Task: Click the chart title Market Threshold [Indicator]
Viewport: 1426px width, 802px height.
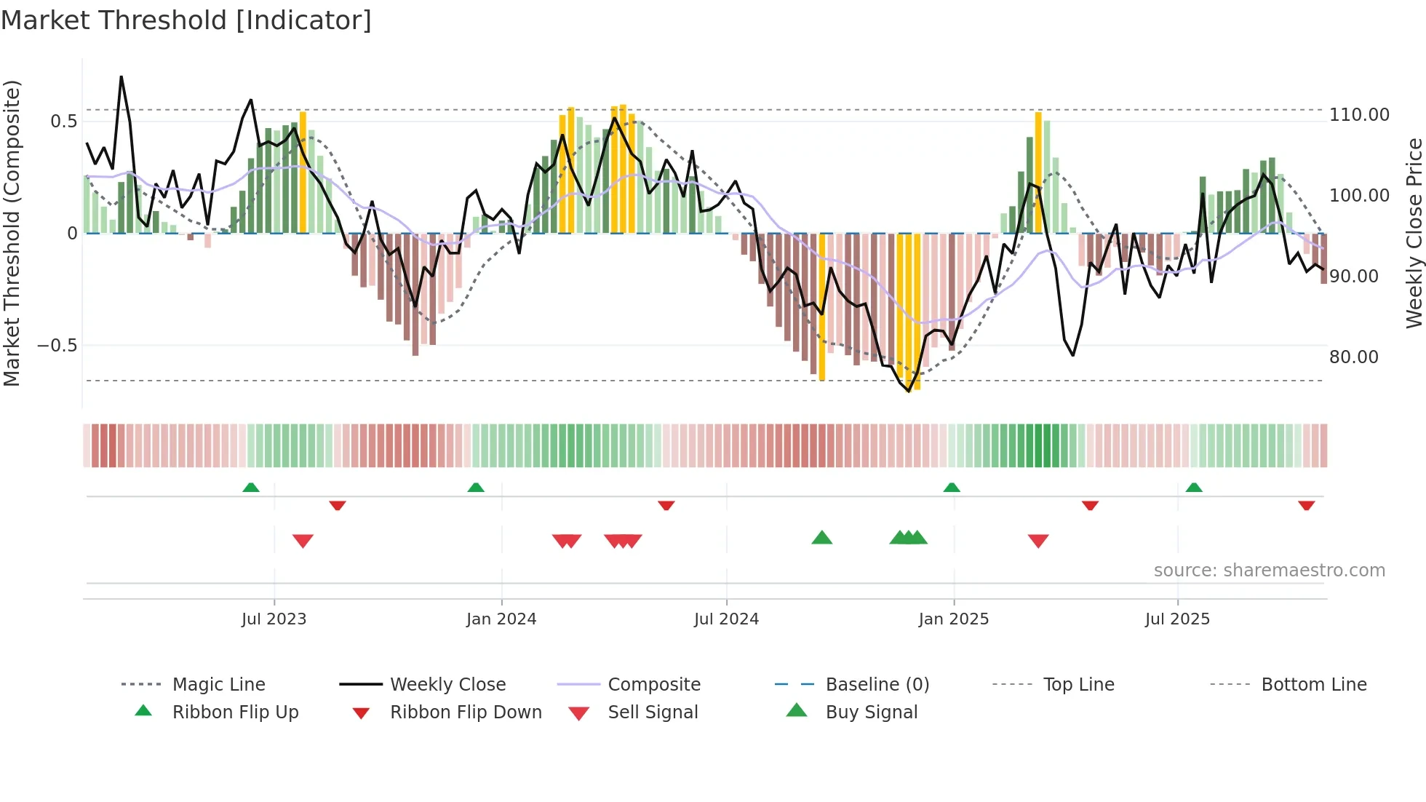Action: tap(186, 20)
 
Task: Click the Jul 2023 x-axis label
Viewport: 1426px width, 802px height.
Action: tap(274, 619)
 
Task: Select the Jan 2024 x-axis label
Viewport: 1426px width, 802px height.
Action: tap(501, 619)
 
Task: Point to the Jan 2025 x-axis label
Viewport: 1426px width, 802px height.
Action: tap(953, 619)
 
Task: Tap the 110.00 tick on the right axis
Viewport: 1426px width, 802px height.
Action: tap(1359, 115)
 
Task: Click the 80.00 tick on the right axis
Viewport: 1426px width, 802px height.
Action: tap(1353, 357)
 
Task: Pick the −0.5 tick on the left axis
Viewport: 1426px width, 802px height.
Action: tap(57, 346)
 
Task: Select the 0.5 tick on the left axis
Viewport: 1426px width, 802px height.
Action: tap(63, 122)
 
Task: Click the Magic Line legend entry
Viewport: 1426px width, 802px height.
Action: tap(218, 685)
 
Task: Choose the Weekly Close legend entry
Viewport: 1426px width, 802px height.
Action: tap(447, 685)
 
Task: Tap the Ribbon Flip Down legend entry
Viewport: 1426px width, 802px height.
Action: tap(466, 712)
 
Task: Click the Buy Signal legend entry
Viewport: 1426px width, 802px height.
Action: tap(871, 712)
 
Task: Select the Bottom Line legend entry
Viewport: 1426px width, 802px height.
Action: tap(1313, 685)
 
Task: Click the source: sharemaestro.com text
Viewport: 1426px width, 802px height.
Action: tap(1269, 571)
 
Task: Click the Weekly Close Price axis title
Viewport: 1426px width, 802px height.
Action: tap(1414, 233)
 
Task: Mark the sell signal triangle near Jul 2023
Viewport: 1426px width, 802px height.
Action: tap(303, 541)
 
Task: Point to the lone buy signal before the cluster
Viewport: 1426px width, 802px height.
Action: tap(821, 538)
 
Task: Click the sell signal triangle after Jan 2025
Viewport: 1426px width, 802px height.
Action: tap(1038, 541)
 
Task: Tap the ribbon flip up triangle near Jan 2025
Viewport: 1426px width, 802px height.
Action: tap(952, 487)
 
